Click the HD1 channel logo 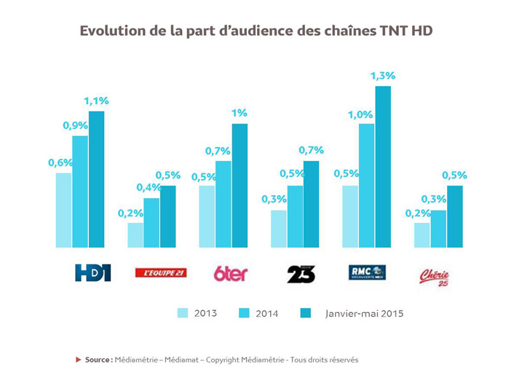click(x=92, y=273)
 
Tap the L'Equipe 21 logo click(x=160, y=273)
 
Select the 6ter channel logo click(x=230, y=274)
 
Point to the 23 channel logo click(x=301, y=274)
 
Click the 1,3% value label click(x=382, y=76)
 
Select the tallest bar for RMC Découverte click(x=383, y=167)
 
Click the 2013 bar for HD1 click(x=63, y=210)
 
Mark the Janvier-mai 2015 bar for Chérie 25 click(x=454, y=216)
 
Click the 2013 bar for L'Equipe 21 click(x=135, y=234)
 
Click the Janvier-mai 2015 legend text click(x=363, y=314)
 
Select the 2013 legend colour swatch click(x=183, y=313)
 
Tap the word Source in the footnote click(x=98, y=360)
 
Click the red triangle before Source click(x=79, y=360)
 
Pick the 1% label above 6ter click(x=240, y=113)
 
